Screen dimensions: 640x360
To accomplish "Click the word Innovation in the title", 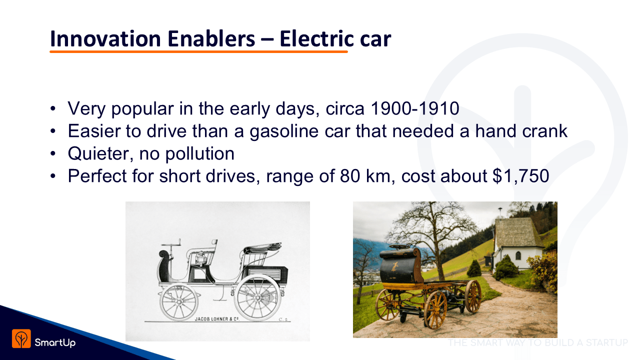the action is tap(105, 38).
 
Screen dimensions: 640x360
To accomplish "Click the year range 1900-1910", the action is tap(414, 108).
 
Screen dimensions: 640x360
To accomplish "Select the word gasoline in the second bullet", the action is tap(284, 131).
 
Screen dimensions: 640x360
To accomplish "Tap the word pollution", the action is tap(199, 153).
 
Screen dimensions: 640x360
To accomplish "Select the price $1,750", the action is tap(520, 175).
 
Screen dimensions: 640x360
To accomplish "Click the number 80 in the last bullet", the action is tap(350, 175).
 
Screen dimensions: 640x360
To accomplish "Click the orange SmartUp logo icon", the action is tap(21, 338).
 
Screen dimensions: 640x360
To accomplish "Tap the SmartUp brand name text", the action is tap(55, 342).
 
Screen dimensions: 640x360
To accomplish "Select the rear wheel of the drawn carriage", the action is tap(257, 298).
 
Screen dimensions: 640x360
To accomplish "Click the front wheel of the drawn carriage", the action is tap(179, 302).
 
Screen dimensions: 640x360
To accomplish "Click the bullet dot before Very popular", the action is tap(53, 108).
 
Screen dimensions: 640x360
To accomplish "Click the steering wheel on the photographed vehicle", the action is tap(400, 247).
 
